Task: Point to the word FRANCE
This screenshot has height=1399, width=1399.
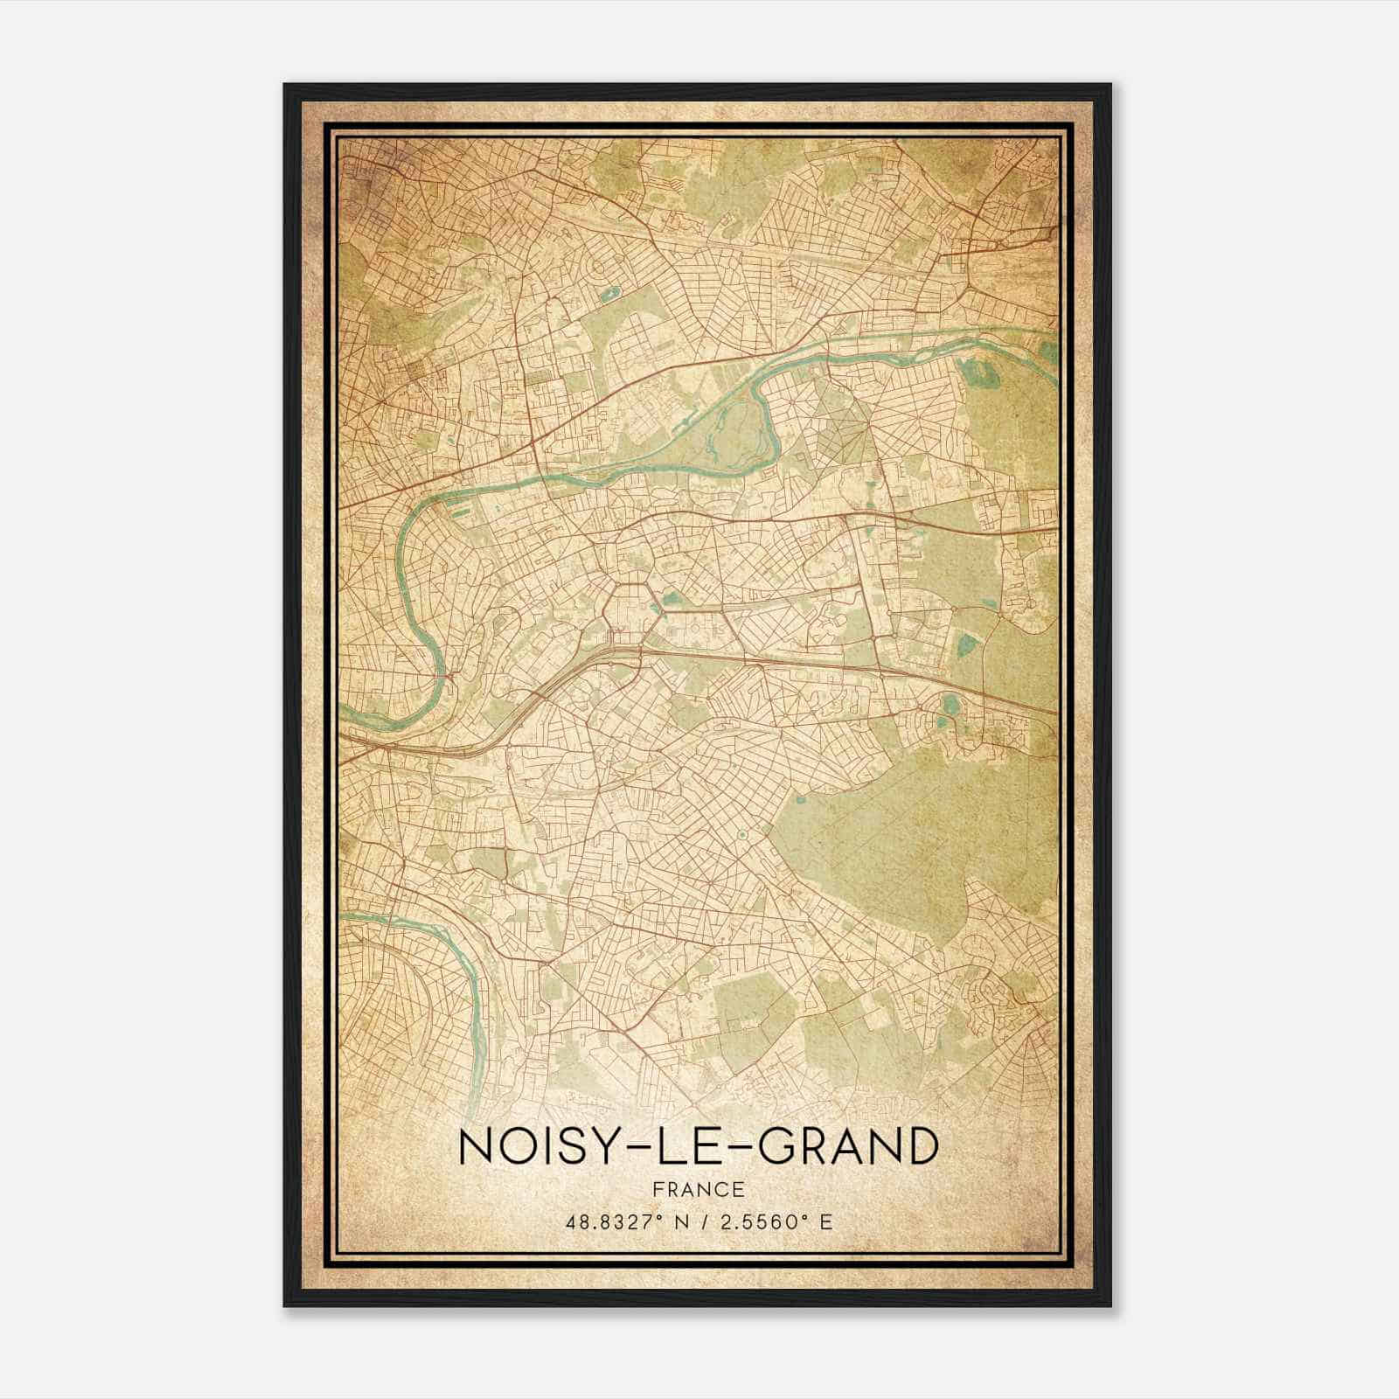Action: tap(698, 1189)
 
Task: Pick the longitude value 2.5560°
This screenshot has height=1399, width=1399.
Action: tap(758, 1222)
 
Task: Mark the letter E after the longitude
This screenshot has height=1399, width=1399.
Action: tap(826, 1222)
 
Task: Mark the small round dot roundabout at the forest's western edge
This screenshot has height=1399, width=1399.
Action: tap(741, 837)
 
